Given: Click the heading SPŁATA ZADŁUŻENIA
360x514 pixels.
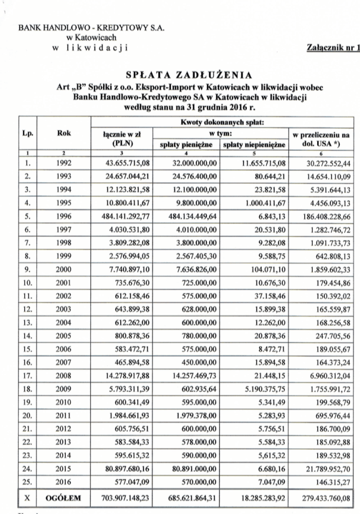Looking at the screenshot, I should (189, 75).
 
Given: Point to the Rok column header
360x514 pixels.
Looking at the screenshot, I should (64, 134).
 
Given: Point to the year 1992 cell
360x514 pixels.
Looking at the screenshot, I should (64, 163).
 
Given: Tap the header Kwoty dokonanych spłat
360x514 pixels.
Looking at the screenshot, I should (222, 123).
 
